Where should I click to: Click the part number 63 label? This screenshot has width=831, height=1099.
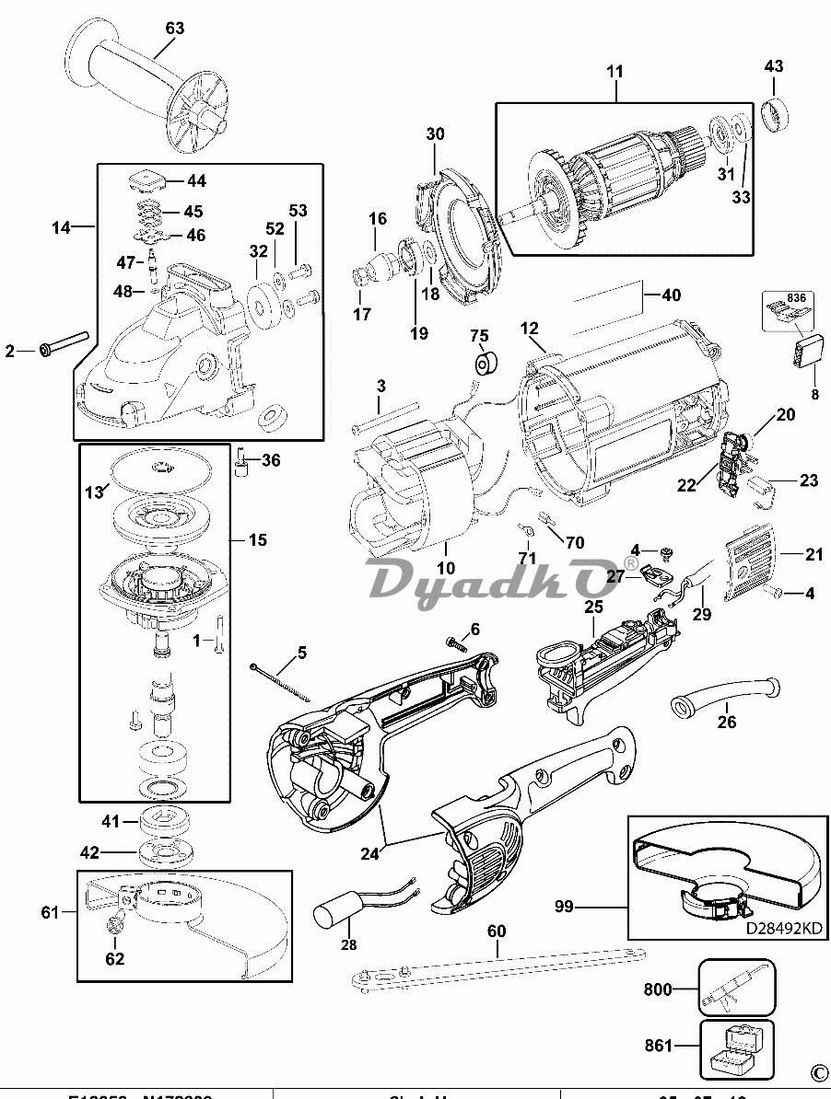175,29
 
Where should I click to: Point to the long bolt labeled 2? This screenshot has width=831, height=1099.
63,345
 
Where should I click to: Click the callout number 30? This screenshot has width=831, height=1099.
435,134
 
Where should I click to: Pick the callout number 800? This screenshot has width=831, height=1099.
657,990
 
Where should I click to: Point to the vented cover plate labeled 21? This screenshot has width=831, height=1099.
751,570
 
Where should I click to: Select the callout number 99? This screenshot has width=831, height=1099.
564,907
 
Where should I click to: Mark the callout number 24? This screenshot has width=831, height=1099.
369,853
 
